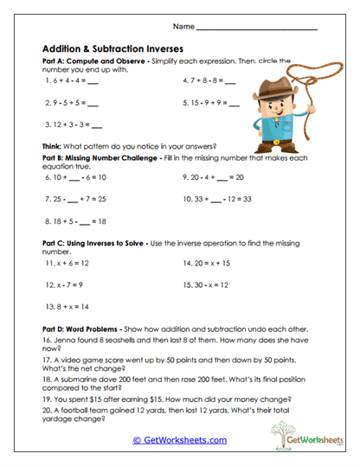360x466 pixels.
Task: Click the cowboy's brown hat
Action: (270, 89)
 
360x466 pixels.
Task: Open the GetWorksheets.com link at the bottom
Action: (180, 440)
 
